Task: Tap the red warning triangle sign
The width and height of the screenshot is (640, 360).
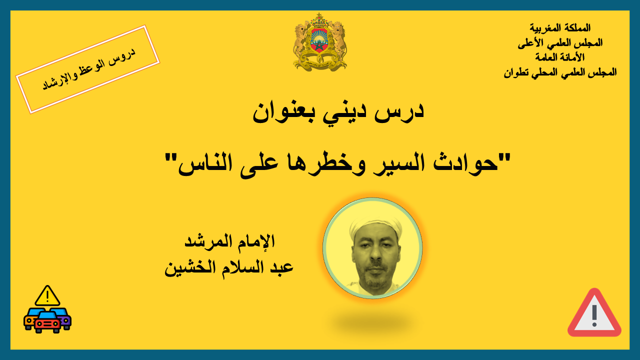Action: point(594,313)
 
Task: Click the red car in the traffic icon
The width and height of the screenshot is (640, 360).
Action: point(47,323)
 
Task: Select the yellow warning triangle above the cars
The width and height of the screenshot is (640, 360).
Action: point(47,295)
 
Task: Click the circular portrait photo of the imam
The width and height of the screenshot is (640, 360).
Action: point(372,248)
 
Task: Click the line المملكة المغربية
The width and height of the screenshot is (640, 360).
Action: point(560,27)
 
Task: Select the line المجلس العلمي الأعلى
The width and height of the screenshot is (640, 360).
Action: point(560,43)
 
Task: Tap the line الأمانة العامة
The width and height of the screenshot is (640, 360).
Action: point(560,57)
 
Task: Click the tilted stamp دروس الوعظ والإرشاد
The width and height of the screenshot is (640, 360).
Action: point(87,69)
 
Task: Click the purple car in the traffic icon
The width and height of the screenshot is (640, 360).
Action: point(64,318)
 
